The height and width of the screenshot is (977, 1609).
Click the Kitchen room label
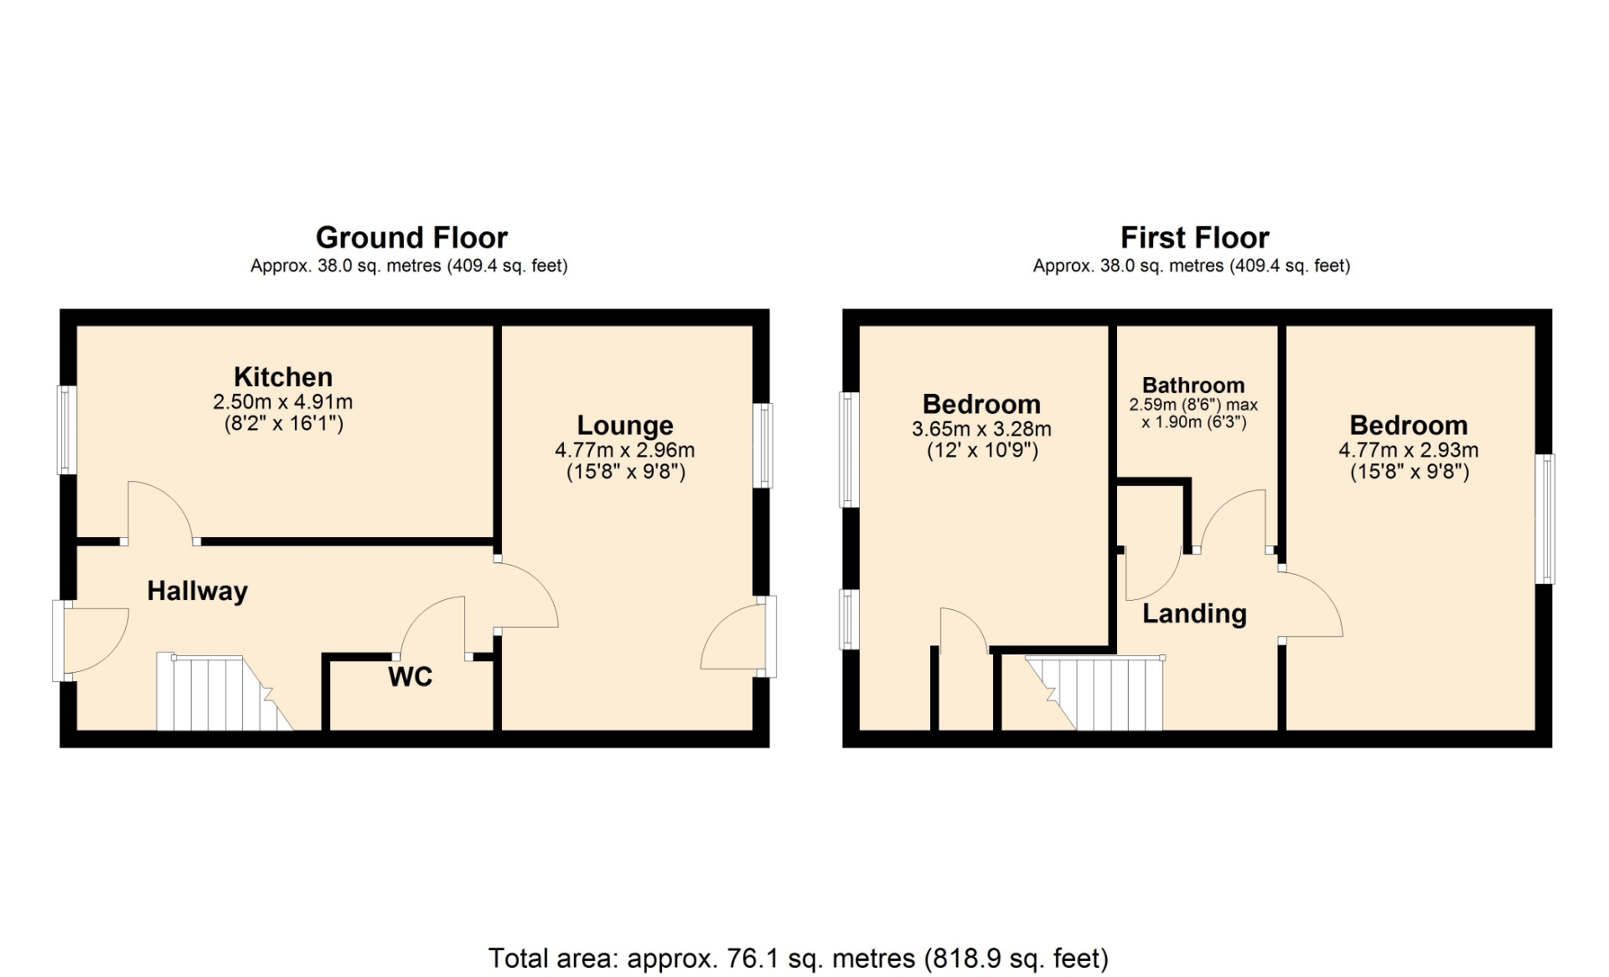point(283,377)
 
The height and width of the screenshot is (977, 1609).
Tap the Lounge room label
point(625,426)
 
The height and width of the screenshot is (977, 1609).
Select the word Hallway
point(198,592)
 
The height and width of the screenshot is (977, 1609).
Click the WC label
point(411,677)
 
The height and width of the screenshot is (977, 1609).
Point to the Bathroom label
point(1193,385)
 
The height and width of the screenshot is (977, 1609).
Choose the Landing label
point(1194,614)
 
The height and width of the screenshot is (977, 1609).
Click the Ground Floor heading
point(411,238)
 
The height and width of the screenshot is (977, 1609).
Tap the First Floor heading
point(1194,238)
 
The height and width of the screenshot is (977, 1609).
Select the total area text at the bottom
point(798,958)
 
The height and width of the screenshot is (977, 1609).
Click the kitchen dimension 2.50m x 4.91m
point(283,402)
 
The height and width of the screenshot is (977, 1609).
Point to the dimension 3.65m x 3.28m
point(981,429)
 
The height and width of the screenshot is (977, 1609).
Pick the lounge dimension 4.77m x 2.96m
point(625,450)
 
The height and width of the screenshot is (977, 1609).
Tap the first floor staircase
point(1094,693)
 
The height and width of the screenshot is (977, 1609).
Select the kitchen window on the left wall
point(67,430)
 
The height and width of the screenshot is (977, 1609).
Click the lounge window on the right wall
point(763,446)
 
